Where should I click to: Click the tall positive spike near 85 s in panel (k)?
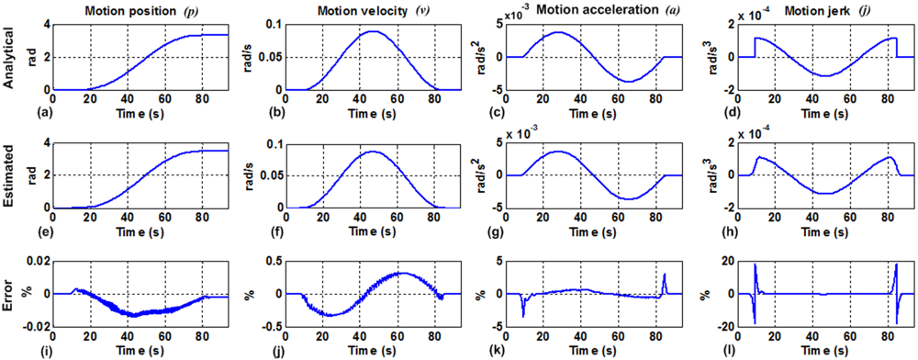[x=664, y=274]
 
